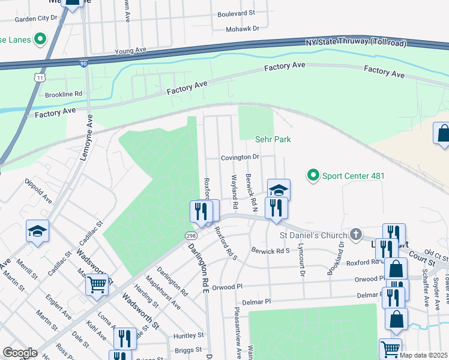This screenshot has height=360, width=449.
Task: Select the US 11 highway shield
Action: coord(39,78)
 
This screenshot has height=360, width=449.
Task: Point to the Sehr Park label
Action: coord(274,139)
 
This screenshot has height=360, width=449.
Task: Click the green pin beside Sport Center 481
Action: coord(313,176)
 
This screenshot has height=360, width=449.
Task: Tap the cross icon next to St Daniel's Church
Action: coord(355,234)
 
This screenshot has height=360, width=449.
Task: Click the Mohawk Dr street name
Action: coord(243,28)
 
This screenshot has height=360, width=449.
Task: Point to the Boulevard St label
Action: coord(236,13)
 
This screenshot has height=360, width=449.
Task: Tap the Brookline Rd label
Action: coord(63,94)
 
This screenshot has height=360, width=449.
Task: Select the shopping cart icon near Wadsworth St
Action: coord(97,284)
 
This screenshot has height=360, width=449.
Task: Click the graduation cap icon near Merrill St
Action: coord(37,231)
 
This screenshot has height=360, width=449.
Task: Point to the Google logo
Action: coord(20,353)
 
